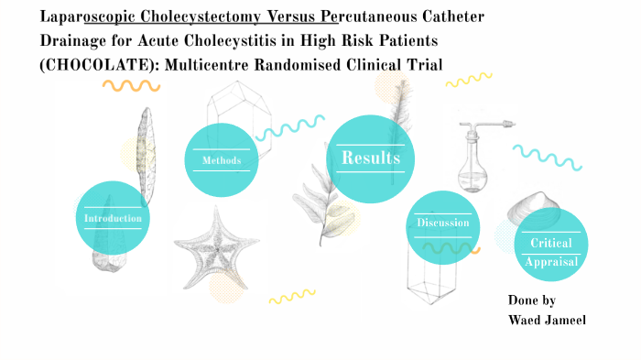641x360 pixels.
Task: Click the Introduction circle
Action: [x=112, y=218]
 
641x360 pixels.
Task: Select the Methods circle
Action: [x=222, y=160]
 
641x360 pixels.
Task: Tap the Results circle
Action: [x=370, y=158]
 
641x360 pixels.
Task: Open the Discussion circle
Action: [x=442, y=223]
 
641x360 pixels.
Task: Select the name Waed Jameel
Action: [x=548, y=318]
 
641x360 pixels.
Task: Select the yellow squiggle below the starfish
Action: [x=291, y=296]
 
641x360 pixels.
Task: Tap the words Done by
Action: [x=531, y=300]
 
